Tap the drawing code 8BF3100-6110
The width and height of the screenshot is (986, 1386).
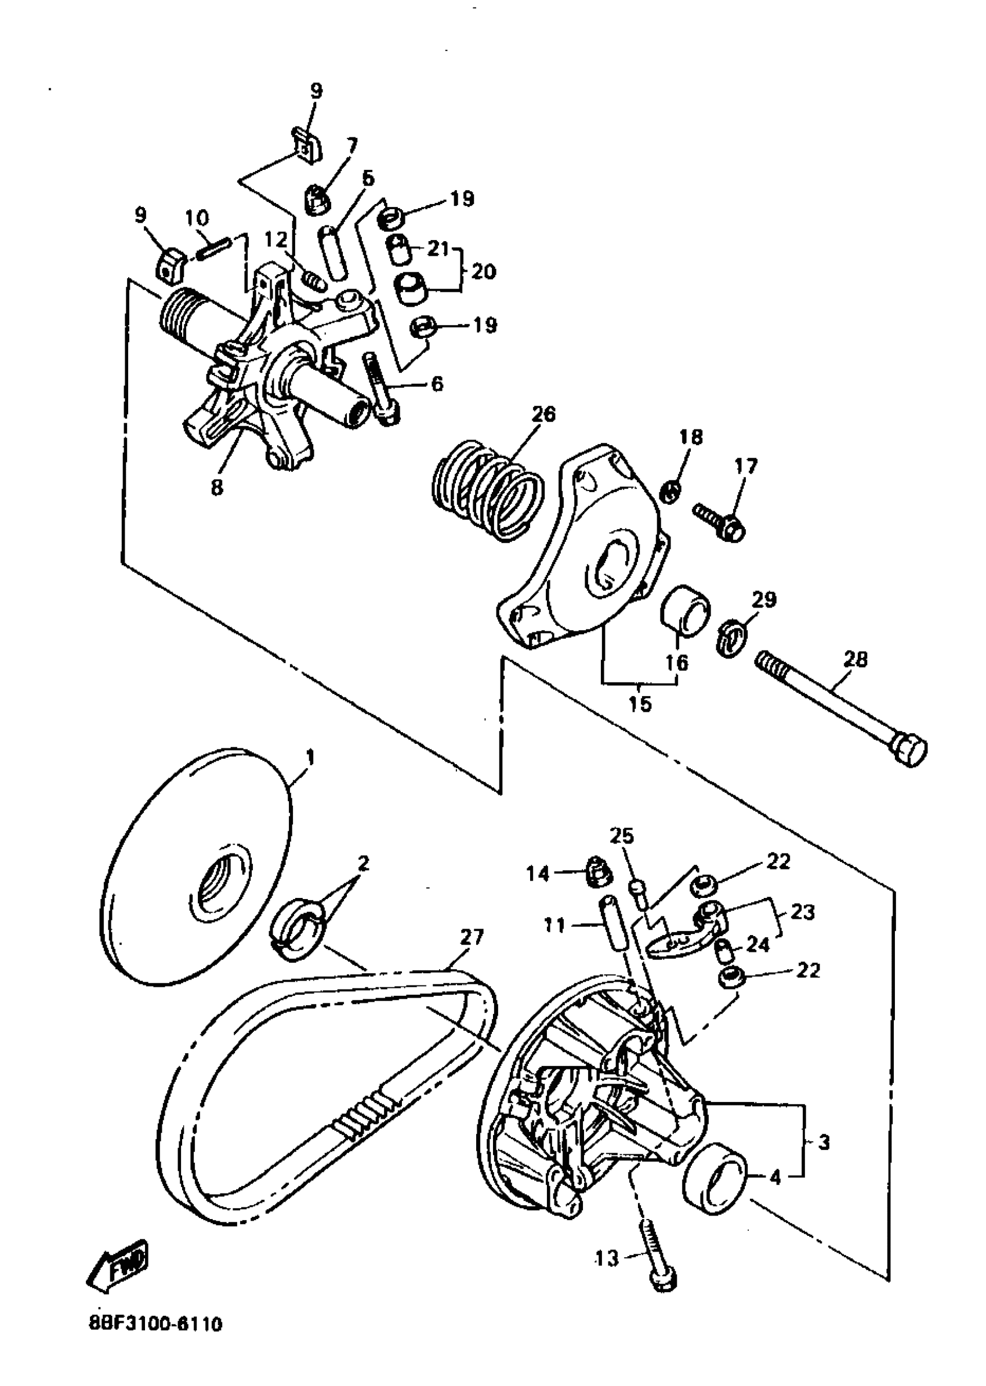click(x=155, y=1339)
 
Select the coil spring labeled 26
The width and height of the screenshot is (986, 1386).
click(x=486, y=490)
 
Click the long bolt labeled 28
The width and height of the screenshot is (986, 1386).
click(x=841, y=709)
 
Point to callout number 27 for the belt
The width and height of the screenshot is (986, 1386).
click(x=471, y=937)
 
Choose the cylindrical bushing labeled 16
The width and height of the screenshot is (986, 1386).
click(x=686, y=611)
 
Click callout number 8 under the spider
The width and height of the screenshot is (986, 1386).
click(x=217, y=487)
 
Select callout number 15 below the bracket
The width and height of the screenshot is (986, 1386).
click(x=640, y=703)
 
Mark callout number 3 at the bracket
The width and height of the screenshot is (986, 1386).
click(x=823, y=1142)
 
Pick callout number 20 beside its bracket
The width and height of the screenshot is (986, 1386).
click(x=483, y=271)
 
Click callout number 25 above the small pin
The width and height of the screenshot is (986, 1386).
click(x=621, y=836)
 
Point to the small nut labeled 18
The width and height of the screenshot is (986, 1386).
click(x=670, y=491)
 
